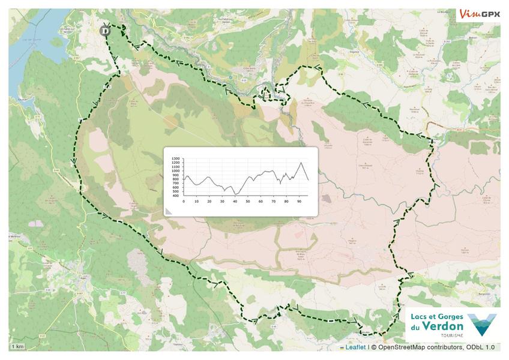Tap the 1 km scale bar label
[17, 347]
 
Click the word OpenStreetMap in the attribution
[408, 347]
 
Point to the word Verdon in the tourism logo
[443, 326]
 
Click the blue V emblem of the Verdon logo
[482, 325]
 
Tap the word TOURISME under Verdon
[451, 336]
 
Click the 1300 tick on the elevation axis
[175, 160]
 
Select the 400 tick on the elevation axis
[175, 196]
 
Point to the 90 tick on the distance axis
[299, 200]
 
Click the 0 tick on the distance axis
[184, 200]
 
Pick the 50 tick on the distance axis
[248, 200]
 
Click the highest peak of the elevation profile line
[301, 163]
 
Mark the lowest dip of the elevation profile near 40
[235, 194]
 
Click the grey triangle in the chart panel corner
[169, 211]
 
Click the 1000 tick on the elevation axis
[175, 171]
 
